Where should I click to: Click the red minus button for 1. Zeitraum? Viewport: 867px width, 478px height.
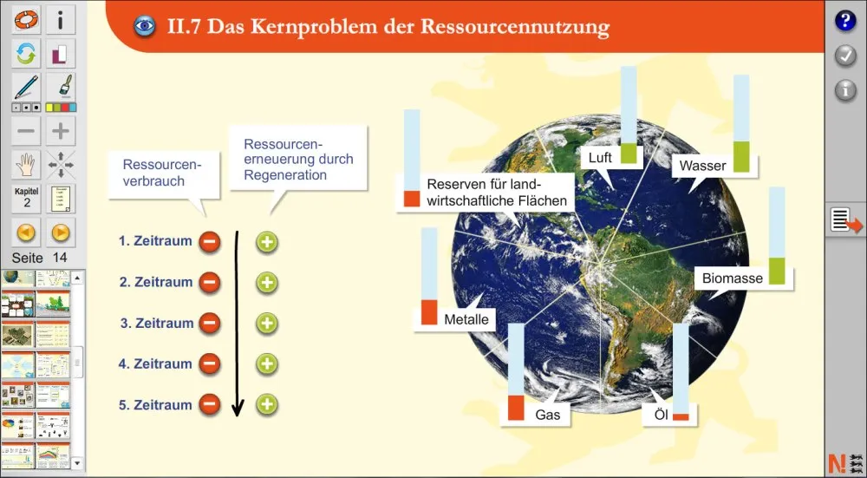click(209, 242)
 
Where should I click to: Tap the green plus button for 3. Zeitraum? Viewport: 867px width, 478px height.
click(267, 324)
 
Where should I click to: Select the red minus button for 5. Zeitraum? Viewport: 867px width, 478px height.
click(209, 404)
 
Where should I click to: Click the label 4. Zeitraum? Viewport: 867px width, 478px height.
click(155, 364)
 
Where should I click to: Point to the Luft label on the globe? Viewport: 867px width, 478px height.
click(600, 158)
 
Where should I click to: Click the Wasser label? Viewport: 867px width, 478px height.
click(702, 165)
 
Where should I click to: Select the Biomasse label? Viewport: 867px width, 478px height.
click(733, 278)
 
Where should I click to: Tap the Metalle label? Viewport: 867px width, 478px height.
click(466, 319)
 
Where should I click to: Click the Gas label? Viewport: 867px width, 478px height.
click(547, 415)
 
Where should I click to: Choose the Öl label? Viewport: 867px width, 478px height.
click(656, 416)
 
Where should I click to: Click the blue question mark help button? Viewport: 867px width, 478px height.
click(845, 22)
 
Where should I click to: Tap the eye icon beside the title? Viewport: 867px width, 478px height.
click(144, 26)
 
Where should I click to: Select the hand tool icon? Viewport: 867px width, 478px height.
click(26, 163)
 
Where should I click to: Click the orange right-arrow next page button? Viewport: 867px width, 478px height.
click(60, 232)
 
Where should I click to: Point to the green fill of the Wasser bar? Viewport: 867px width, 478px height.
click(741, 155)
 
